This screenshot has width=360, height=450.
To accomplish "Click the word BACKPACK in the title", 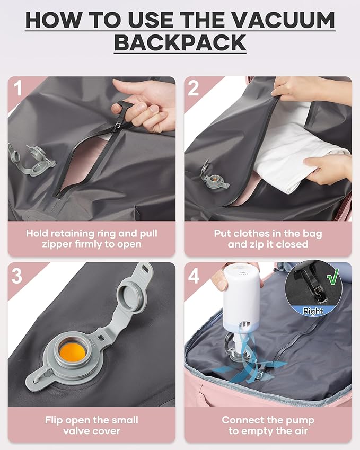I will pyautogui.click(x=180, y=43).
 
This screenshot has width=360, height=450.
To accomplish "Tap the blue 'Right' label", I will pyautogui.click(x=313, y=312).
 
